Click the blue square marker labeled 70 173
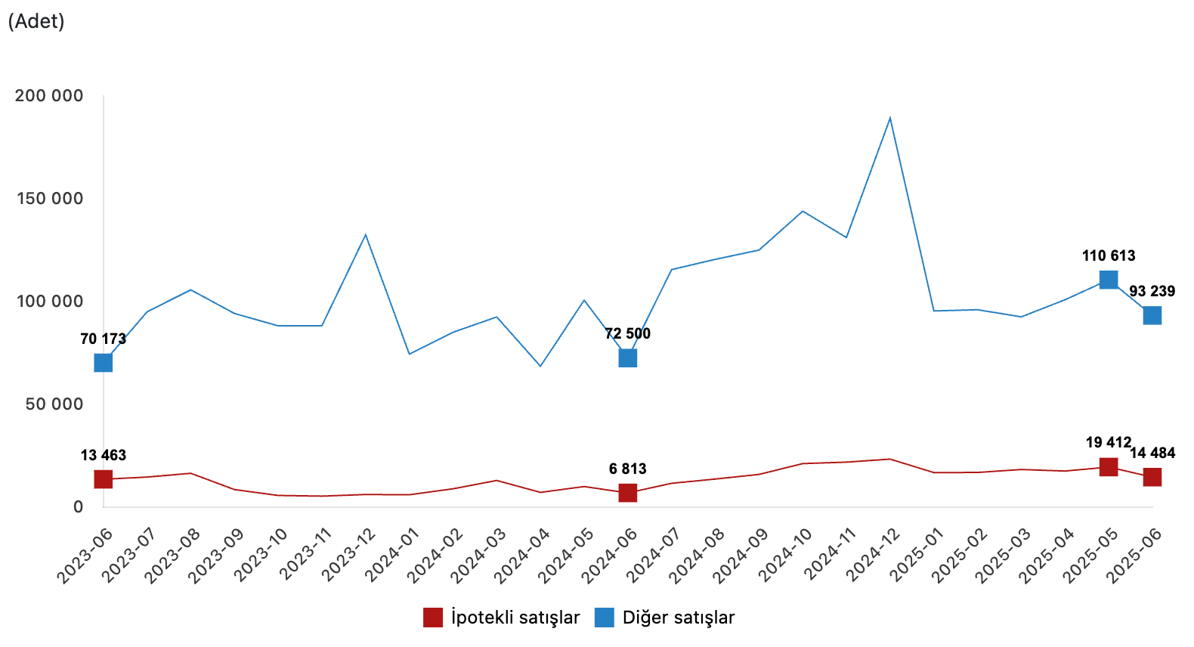pos(104,363)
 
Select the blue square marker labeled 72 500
pos(627,358)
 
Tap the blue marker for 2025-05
pos(1109,280)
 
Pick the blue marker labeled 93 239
pos(1152,315)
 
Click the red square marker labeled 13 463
pos(104,479)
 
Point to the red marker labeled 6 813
pos(627,493)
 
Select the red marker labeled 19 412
pos(1109,466)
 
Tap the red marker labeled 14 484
pos(1152,477)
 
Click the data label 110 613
pos(1109,255)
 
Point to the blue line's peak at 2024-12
pos(890,118)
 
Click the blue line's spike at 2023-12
pos(366,235)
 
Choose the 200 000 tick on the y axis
pos(49,96)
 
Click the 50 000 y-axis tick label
pos(54,404)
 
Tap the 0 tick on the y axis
pos(78,507)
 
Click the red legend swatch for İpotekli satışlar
pos(433,618)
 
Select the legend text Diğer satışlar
pos(679,618)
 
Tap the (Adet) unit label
pos(36,21)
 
